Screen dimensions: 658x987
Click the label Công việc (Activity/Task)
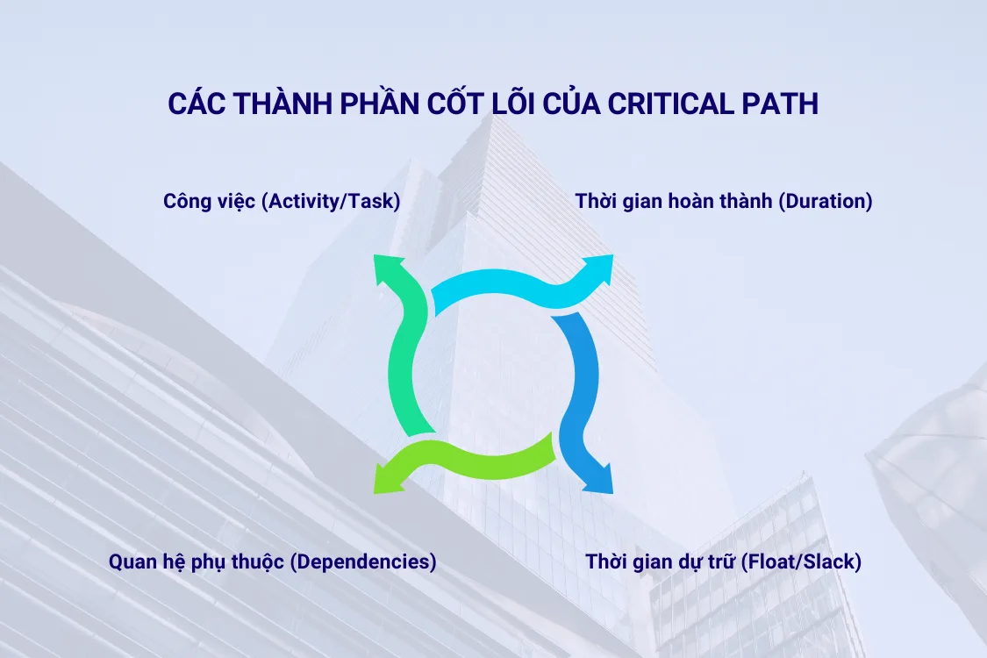282,201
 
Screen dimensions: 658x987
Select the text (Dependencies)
362,561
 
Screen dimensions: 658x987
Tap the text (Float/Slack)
801,561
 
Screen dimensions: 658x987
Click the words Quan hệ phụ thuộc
197,561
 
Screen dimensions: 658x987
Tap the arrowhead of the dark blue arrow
598,480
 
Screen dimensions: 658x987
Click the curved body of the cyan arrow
500,288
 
